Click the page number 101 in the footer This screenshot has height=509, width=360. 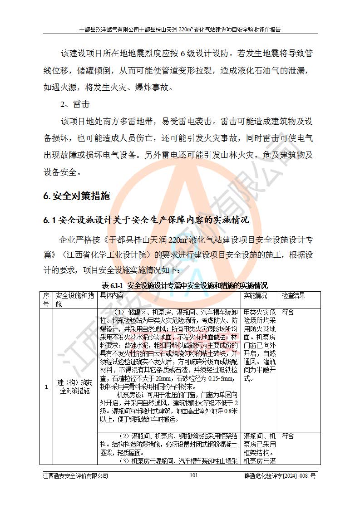pos(193,475)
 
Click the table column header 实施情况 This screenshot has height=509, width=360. pos(256,295)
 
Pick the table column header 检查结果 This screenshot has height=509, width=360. pos(293,295)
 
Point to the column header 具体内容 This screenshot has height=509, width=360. pos(112,295)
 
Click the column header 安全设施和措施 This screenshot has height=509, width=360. pos(74,299)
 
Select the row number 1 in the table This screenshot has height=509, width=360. pos(46,386)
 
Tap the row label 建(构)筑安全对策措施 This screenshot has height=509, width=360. pos(74,386)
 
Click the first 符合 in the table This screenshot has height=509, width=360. pos(288,313)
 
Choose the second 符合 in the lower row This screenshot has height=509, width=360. pos(288,436)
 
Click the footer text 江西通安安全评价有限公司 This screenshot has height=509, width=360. pos(75,475)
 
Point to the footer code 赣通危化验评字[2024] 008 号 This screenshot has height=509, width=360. pos(280,475)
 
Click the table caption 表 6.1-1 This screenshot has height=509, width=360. pos(113,286)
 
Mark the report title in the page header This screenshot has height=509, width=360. pos(180,29)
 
